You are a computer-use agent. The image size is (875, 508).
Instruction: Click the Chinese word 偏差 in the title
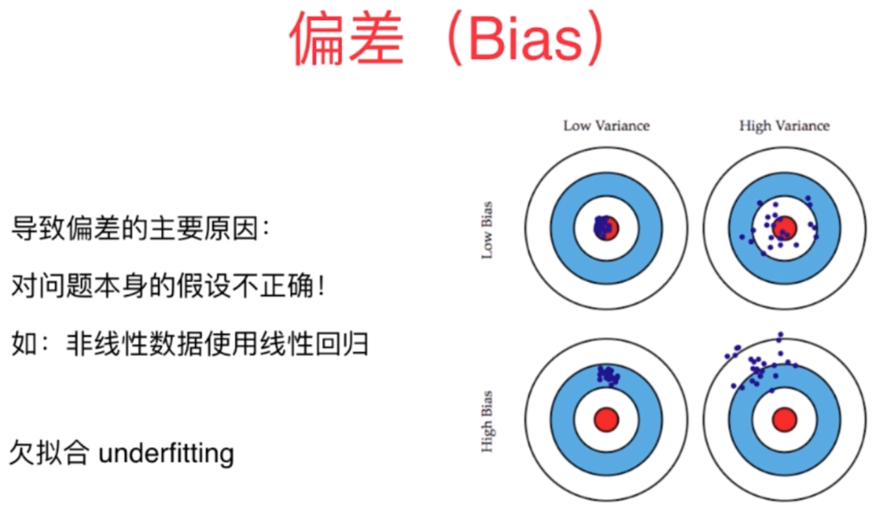pyautogui.click(x=347, y=39)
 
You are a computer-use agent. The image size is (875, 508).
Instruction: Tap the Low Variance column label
pyautogui.click(x=606, y=125)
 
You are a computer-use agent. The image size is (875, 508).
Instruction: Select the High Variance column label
pyautogui.click(x=784, y=125)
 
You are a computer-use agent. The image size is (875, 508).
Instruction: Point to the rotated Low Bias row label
pyautogui.click(x=487, y=230)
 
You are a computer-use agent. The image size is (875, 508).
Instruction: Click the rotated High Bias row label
pyautogui.click(x=487, y=421)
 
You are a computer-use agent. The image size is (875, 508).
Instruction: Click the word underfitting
pyautogui.click(x=167, y=453)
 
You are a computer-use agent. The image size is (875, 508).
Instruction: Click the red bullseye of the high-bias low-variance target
pyautogui.click(x=606, y=420)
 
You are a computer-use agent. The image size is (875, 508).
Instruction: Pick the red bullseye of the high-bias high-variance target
pyautogui.click(x=784, y=420)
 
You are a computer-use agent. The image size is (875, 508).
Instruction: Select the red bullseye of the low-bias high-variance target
pyautogui.click(x=785, y=227)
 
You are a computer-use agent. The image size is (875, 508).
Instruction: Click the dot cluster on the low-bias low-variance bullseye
pyautogui.click(x=603, y=226)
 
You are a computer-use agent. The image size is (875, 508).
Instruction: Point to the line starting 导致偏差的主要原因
pyautogui.click(x=140, y=229)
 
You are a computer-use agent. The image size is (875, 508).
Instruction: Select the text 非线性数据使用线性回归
pyautogui.click(x=217, y=344)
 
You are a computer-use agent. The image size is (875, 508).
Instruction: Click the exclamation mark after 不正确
pyautogui.click(x=322, y=287)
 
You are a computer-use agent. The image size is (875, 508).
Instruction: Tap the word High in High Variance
pyautogui.click(x=755, y=125)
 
